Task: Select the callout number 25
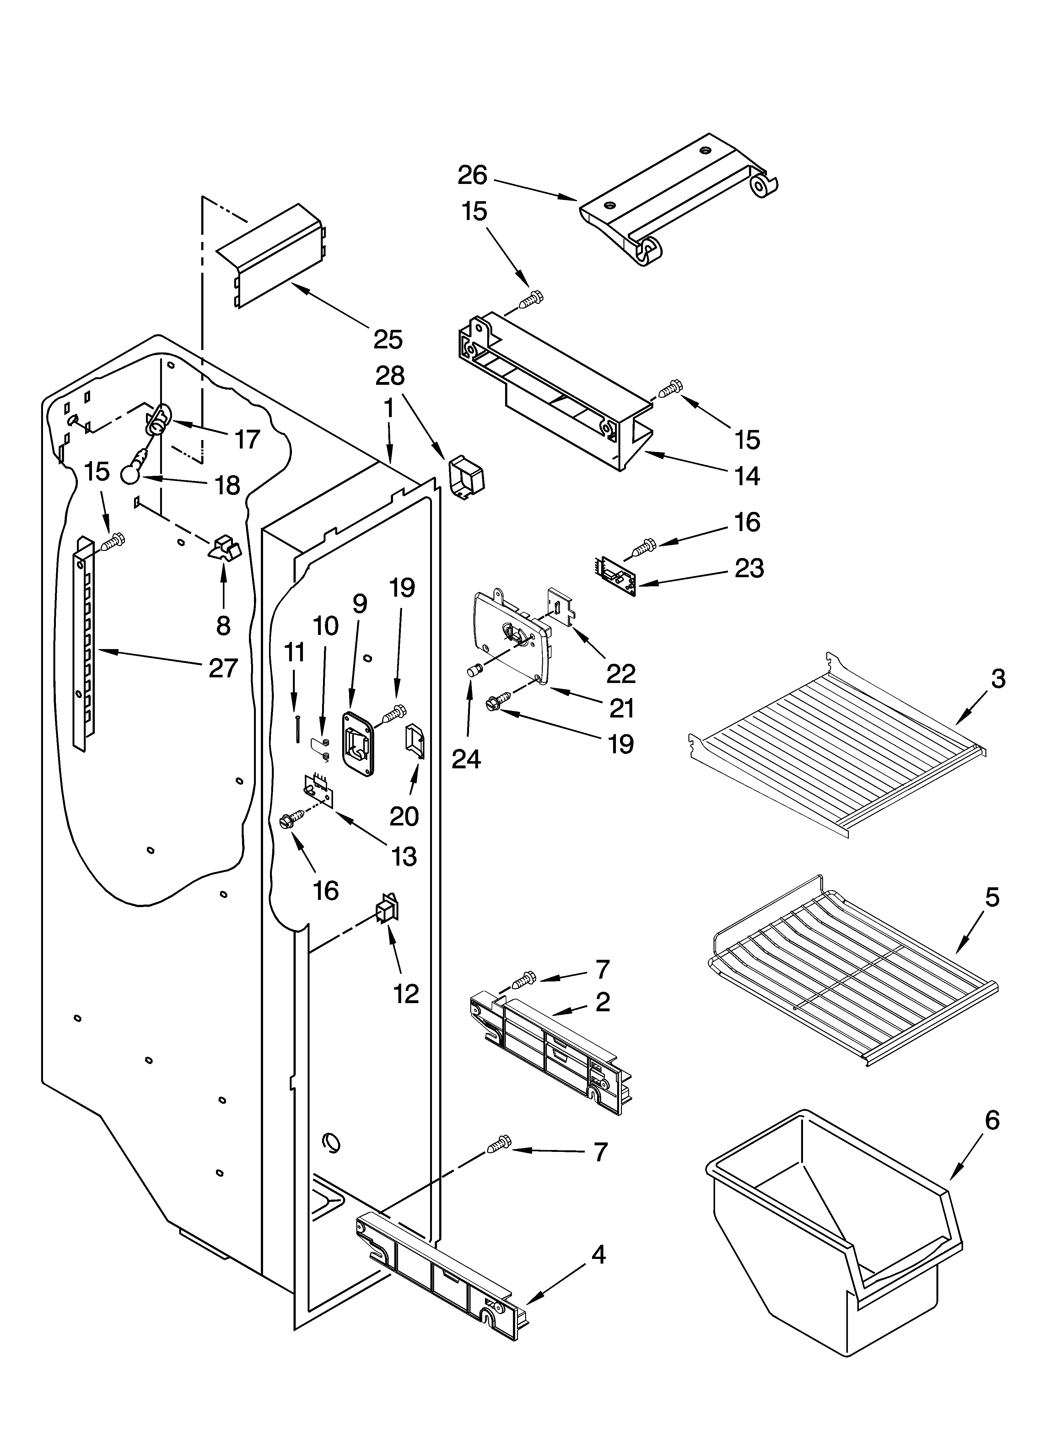(388, 339)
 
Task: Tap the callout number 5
(991, 898)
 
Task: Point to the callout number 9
(360, 603)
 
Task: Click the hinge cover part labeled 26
(678, 198)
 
